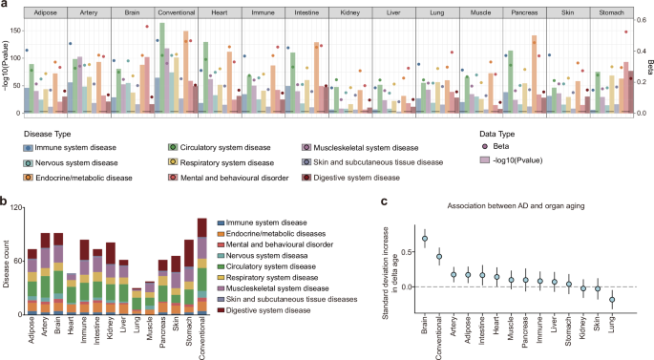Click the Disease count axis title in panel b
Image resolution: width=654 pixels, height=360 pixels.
click(x=9, y=270)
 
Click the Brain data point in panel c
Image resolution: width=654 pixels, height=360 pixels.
click(x=424, y=239)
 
